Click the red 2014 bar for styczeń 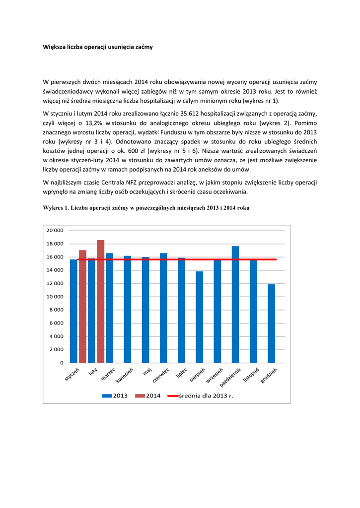click(x=82, y=306)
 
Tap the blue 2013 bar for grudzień click(x=271, y=323)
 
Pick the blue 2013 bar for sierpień click(x=199, y=317)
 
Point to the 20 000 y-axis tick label click(x=55, y=231)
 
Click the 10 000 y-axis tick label click(x=55, y=297)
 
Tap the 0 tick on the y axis click(x=62, y=363)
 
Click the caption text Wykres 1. click(x=56, y=208)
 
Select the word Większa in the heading click(x=55, y=47)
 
